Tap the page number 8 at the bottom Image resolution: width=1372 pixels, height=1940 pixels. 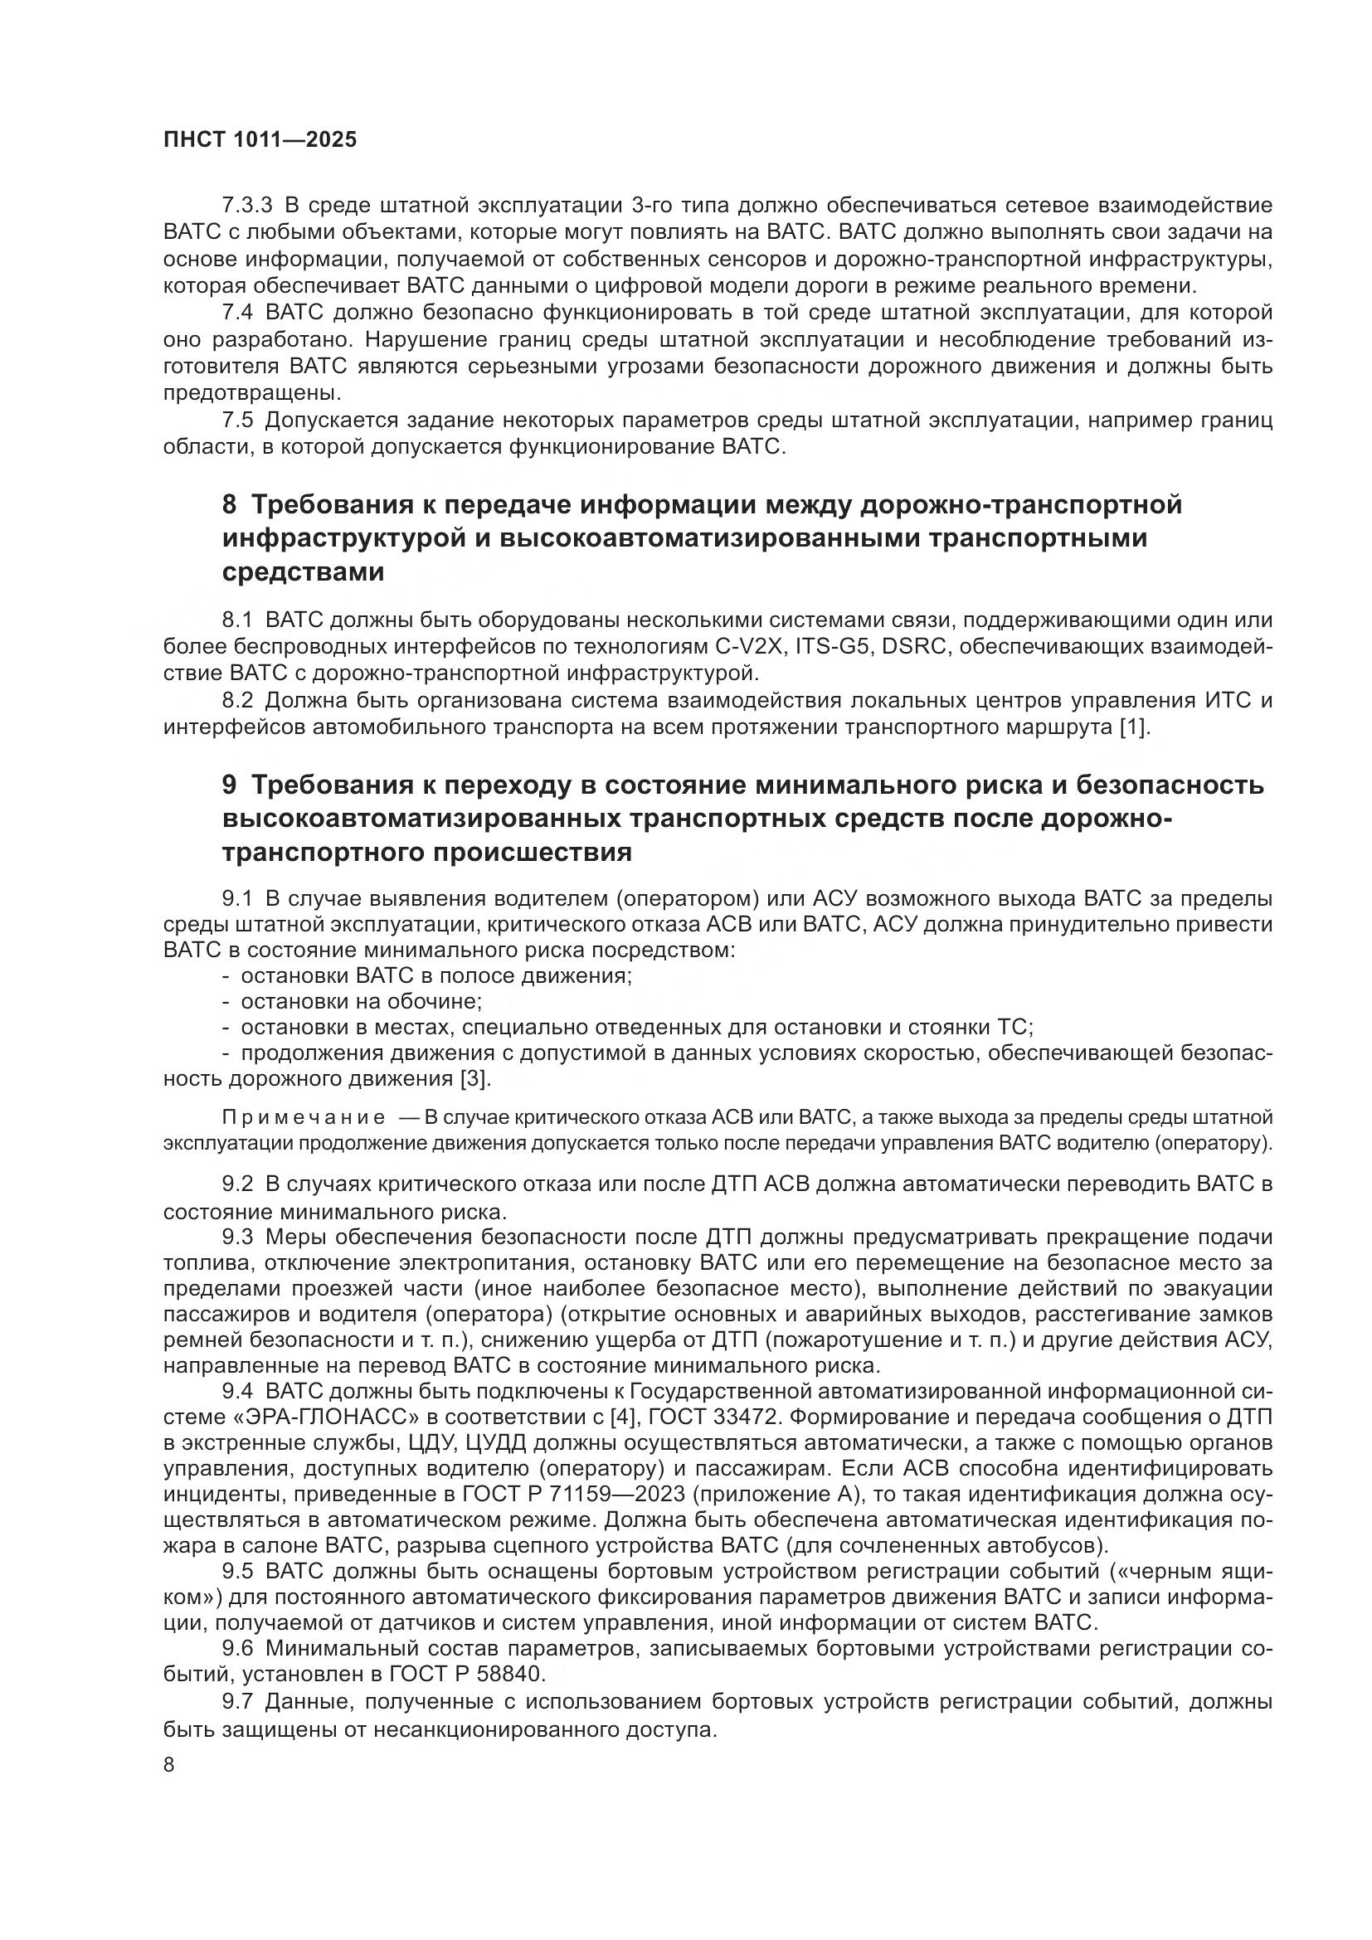click(x=169, y=1765)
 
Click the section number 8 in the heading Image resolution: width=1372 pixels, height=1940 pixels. click(x=230, y=504)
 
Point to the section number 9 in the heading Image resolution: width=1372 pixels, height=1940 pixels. click(x=230, y=785)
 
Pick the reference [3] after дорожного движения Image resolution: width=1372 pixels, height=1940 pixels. click(x=474, y=1080)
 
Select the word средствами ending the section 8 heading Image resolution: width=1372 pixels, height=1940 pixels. click(x=304, y=572)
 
